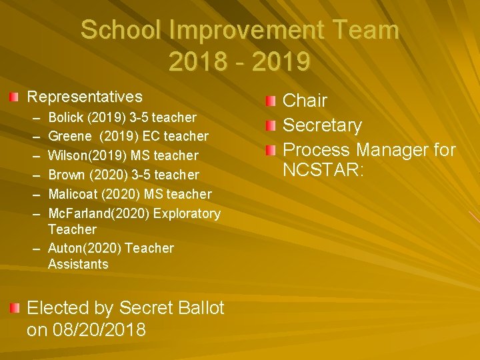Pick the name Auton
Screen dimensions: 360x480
[65, 248]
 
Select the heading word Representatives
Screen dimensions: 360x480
[85, 97]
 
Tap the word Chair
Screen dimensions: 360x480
[305, 101]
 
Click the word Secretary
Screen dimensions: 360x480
[323, 125]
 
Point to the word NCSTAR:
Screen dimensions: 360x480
[323, 171]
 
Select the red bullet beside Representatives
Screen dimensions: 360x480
[15, 97]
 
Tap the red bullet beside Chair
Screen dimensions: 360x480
[269, 101]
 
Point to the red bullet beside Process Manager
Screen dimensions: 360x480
[269, 150]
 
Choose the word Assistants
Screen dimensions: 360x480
[78, 264]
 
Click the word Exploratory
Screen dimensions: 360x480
[186, 213]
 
